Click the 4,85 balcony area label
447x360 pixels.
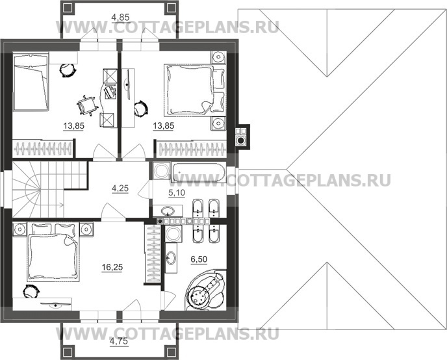[120, 18]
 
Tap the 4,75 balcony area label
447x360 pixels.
[119, 341]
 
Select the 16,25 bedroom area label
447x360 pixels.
[112, 267]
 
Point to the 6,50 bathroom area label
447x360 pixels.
[199, 259]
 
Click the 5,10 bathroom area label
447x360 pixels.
[177, 193]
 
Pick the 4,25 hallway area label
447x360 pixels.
[120, 188]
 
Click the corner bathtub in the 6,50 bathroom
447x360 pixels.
[205, 290]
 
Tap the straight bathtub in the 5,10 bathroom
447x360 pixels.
[198, 172]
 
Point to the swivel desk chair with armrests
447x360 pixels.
[87, 105]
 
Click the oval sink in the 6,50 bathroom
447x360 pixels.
[171, 258]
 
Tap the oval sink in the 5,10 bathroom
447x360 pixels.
[168, 211]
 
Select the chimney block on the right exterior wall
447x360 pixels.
[242, 136]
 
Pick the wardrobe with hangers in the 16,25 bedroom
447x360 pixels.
[152, 254]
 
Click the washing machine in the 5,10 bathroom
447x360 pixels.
[161, 171]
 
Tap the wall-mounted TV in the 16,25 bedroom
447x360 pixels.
[56, 305]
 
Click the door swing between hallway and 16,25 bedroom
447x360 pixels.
[114, 211]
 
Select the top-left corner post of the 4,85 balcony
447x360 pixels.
[68, 8]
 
